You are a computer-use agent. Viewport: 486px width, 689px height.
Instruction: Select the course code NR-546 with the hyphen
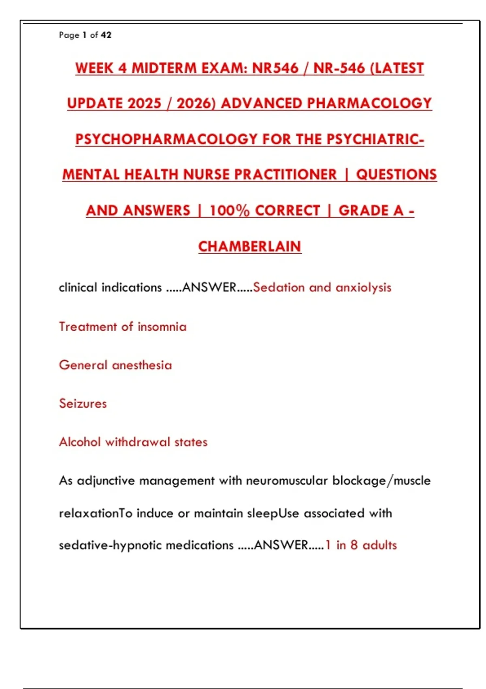tap(339, 68)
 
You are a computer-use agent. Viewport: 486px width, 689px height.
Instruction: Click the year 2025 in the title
tap(145, 103)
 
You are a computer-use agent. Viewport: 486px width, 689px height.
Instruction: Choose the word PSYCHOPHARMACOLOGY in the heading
tap(166, 139)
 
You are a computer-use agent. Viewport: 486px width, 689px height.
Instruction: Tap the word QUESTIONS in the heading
tap(396, 175)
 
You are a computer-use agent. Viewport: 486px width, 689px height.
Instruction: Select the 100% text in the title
tap(229, 211)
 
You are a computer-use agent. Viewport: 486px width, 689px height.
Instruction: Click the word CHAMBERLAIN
tap(249, 246)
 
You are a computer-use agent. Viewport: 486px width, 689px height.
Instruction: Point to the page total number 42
tap(106, 35)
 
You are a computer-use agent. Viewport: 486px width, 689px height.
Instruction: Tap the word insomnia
tap(162, 327)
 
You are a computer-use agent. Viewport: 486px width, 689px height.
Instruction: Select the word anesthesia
tap(142, 365)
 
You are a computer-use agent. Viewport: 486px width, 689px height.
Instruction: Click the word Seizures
tap(83, 404)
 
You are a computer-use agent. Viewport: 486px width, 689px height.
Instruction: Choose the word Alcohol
tap(80, 442)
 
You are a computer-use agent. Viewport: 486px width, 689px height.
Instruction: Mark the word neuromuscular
tap(287, 481)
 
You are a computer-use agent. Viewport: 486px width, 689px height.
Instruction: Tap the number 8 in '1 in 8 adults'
tap(354, 546)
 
